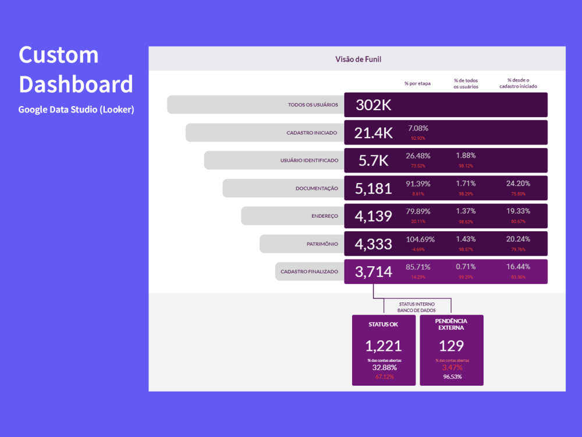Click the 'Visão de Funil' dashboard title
(358, 59)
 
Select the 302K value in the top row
(374, 105)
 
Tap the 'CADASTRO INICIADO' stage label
(311, 133)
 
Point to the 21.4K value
(373, 133)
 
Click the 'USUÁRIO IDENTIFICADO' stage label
(308, 160)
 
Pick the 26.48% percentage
(418, 156)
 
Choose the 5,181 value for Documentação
(373, 188)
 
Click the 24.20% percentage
(518, 184)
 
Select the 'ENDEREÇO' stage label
(325, 216)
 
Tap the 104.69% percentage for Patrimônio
(420, 239)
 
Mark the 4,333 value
(373, 244)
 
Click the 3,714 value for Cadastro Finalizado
(373, 272)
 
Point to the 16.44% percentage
(518, 267)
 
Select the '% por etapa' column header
(417, 83)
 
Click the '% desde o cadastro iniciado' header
(518, 83)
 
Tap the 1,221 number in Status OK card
(384, 346)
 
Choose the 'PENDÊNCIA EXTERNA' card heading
(451, 324)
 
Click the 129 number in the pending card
(451, 346)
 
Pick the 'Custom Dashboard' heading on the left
(76, 69)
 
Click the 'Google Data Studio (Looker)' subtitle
(76, 110)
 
